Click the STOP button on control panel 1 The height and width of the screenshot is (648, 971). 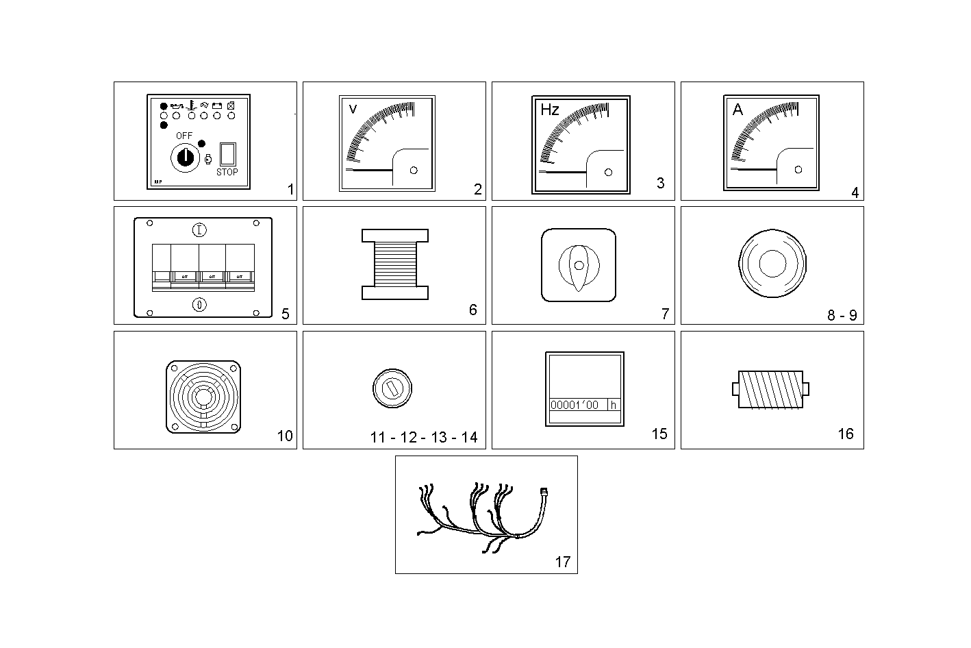point(227,153)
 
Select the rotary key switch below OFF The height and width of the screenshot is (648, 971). point(184,158)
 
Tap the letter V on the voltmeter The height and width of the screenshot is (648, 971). point(353,110)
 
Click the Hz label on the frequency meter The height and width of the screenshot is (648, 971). point(550,110)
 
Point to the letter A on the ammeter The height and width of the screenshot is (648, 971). point(737,110)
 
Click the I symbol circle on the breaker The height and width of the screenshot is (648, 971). point(199,229)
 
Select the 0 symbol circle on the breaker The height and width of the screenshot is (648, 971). point(199,305)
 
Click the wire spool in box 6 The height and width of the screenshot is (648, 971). point(395,264)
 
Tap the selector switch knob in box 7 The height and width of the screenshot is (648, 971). point(579,264)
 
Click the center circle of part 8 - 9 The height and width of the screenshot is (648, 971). point(772,264)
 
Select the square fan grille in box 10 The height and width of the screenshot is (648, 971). point(203,397)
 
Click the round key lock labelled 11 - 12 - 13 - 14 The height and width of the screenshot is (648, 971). point(392,388)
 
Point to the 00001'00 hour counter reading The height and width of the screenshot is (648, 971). point(575,405)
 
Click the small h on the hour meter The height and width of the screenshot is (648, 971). point(614,405)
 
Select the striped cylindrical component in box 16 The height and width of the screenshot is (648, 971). point(771,390)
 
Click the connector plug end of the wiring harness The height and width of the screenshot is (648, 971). point(544,491)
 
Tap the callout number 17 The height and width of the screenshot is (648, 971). point(562,562)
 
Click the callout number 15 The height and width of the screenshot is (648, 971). point(659,434)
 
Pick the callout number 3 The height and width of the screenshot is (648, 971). point(660,183)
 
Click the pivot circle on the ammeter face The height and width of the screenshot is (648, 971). point(798,170)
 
